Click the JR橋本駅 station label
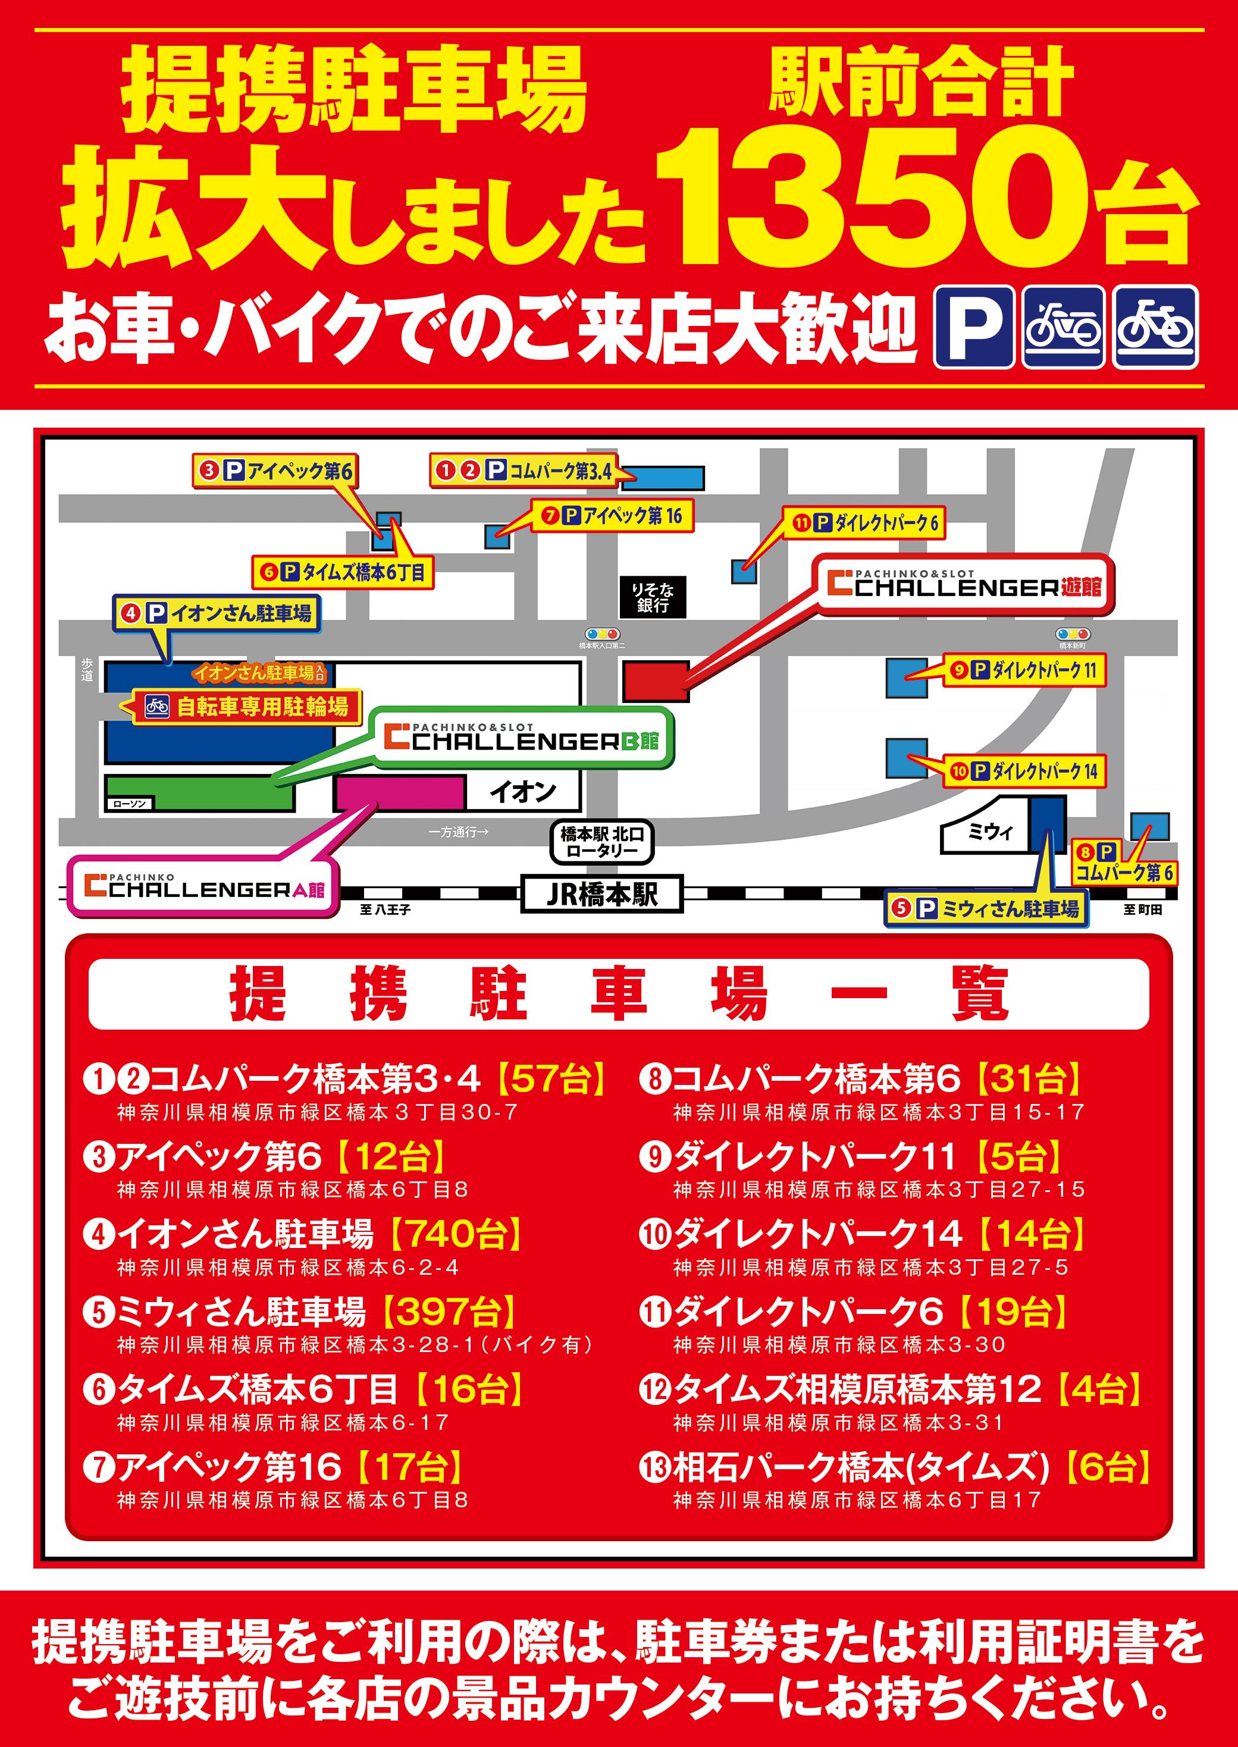tap(601, 893)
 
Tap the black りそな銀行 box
tap(653, 597)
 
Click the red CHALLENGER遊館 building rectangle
tap(656, 680)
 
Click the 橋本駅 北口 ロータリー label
tap(602, 842)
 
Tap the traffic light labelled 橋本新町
tap(1073, 634)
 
